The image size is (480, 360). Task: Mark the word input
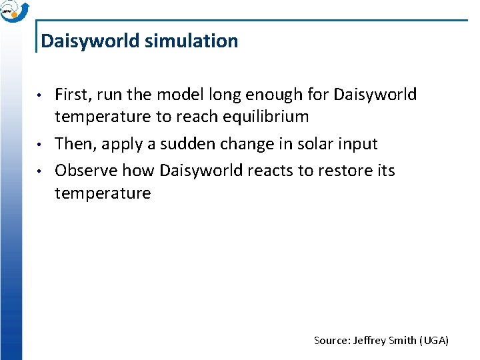pyautogui.click(x=357, y=144)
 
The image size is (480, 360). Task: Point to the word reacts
pyautogui.click(x=267, y=171)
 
